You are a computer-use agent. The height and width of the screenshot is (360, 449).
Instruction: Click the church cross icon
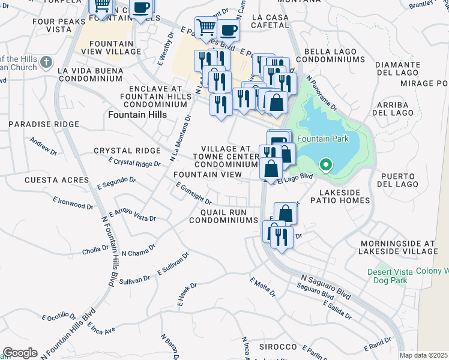coord(46,62)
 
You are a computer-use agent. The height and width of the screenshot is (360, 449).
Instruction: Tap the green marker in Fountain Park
coord(326,164)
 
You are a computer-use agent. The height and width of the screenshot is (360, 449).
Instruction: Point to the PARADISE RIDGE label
coord(44,124)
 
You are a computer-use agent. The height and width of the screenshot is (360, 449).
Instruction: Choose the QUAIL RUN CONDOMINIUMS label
coord(223,215)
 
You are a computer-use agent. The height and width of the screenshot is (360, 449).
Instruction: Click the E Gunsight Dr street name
coord(193,193)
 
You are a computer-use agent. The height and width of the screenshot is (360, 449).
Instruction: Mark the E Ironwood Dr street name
coord(73,202)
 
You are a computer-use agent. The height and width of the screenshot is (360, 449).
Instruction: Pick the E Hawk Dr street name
coord(187,295)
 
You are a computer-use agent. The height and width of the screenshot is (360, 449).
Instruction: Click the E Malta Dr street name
coord(263,287)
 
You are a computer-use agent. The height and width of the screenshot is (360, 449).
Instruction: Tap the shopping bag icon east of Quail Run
coord(286,213)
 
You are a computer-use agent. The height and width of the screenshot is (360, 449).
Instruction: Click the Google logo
coord(20,353)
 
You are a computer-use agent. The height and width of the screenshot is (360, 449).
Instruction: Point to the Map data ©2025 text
coord(423,355)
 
